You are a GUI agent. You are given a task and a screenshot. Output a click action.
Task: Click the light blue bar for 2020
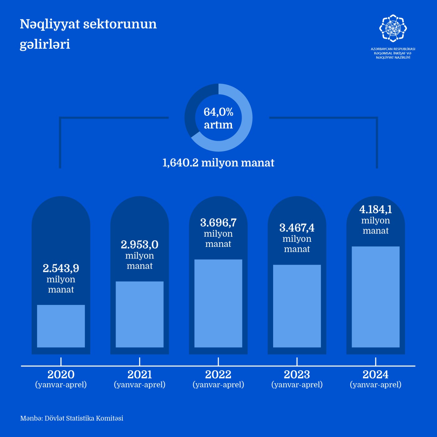tap(61, 326)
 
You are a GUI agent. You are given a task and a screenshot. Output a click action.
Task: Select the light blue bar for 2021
tap(140, 314)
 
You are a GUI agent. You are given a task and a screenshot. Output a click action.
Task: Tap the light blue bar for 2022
tap(218, 303)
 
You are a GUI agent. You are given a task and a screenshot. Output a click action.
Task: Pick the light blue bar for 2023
tap(297, 306)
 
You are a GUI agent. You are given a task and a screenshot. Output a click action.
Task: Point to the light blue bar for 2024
tap(376, 297)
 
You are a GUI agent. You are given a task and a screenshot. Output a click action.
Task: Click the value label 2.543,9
tap(61, 268)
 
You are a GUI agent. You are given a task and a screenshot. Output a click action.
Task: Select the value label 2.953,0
tap(140, 244)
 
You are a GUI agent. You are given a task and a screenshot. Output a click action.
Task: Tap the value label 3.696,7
tap(218, 223)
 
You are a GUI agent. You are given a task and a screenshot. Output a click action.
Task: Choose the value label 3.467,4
tap(297, 228)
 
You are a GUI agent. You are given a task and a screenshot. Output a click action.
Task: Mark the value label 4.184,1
tap(376, 209)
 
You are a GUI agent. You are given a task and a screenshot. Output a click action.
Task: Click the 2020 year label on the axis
tap(61, 374)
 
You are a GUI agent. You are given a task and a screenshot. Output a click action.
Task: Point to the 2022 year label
tap(218, 374)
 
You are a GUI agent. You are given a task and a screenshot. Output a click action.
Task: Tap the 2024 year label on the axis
tap(376, 374)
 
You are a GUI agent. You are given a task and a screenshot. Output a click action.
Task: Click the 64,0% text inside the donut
tap(219, 112)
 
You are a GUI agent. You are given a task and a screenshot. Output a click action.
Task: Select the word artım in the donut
tap(219, 125)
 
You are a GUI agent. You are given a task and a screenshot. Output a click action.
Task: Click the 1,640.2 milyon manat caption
tap(218, 163)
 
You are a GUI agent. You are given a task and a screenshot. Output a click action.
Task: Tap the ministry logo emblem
tap(393, 28)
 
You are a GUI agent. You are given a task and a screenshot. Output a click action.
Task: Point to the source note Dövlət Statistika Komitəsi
tap(84, 418)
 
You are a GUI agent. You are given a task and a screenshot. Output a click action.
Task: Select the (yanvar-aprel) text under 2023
tap(297, 385)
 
